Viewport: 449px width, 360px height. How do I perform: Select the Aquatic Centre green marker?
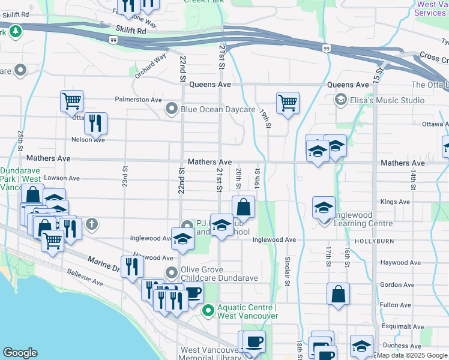pyautogui.click(x=208, y=310)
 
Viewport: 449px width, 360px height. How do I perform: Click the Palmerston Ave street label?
pyautogui.click(x=139, y=100)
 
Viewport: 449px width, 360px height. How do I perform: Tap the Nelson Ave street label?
pyautogui.click(x=88, y=140)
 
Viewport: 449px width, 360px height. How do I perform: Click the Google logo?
pyautogui.click(x=20, y=353)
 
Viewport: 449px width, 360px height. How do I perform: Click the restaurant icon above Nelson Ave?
pyautogui.click(x=95, y=123)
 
